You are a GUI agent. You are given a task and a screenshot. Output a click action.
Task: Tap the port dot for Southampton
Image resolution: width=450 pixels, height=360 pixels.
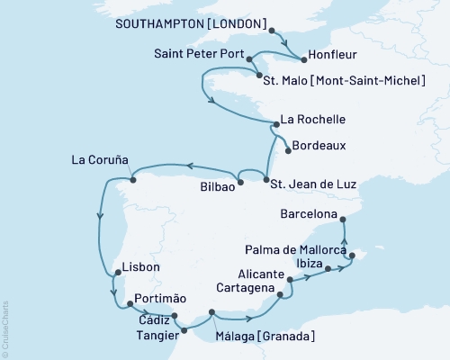(272, 30)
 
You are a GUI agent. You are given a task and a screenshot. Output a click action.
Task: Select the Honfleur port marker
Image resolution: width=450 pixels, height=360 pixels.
(303, 60)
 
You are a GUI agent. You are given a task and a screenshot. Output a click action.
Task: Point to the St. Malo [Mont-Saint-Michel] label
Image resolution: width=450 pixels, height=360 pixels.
(344, 81)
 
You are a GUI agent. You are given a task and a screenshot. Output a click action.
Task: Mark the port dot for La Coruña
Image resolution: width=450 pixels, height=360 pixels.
(133, 179)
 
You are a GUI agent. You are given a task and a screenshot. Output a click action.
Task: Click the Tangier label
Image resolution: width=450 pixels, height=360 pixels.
(147, 333)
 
